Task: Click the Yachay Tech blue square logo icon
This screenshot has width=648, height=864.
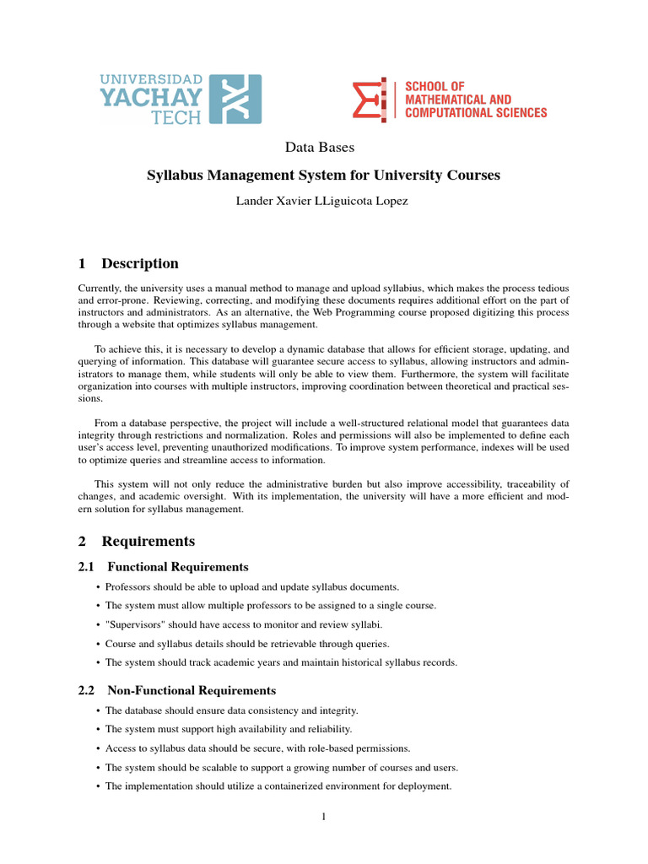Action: (235, 100)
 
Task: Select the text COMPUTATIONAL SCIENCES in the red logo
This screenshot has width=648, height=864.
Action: (476, 113)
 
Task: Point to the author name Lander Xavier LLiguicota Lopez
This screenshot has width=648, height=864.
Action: (321, 202)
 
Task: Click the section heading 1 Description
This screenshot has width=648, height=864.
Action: (128, 263)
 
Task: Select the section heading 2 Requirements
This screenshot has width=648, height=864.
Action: (137, 541)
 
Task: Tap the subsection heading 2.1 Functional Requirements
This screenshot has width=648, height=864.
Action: (163, 567)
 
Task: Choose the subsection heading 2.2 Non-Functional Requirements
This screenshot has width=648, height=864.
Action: (176, 690)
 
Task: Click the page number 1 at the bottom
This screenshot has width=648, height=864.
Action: (323, 817)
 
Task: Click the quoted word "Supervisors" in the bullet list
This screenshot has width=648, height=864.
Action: (136, 624)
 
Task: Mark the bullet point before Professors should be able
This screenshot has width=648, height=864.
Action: (99, 586)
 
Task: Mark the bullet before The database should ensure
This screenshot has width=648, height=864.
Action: (99, 710)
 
